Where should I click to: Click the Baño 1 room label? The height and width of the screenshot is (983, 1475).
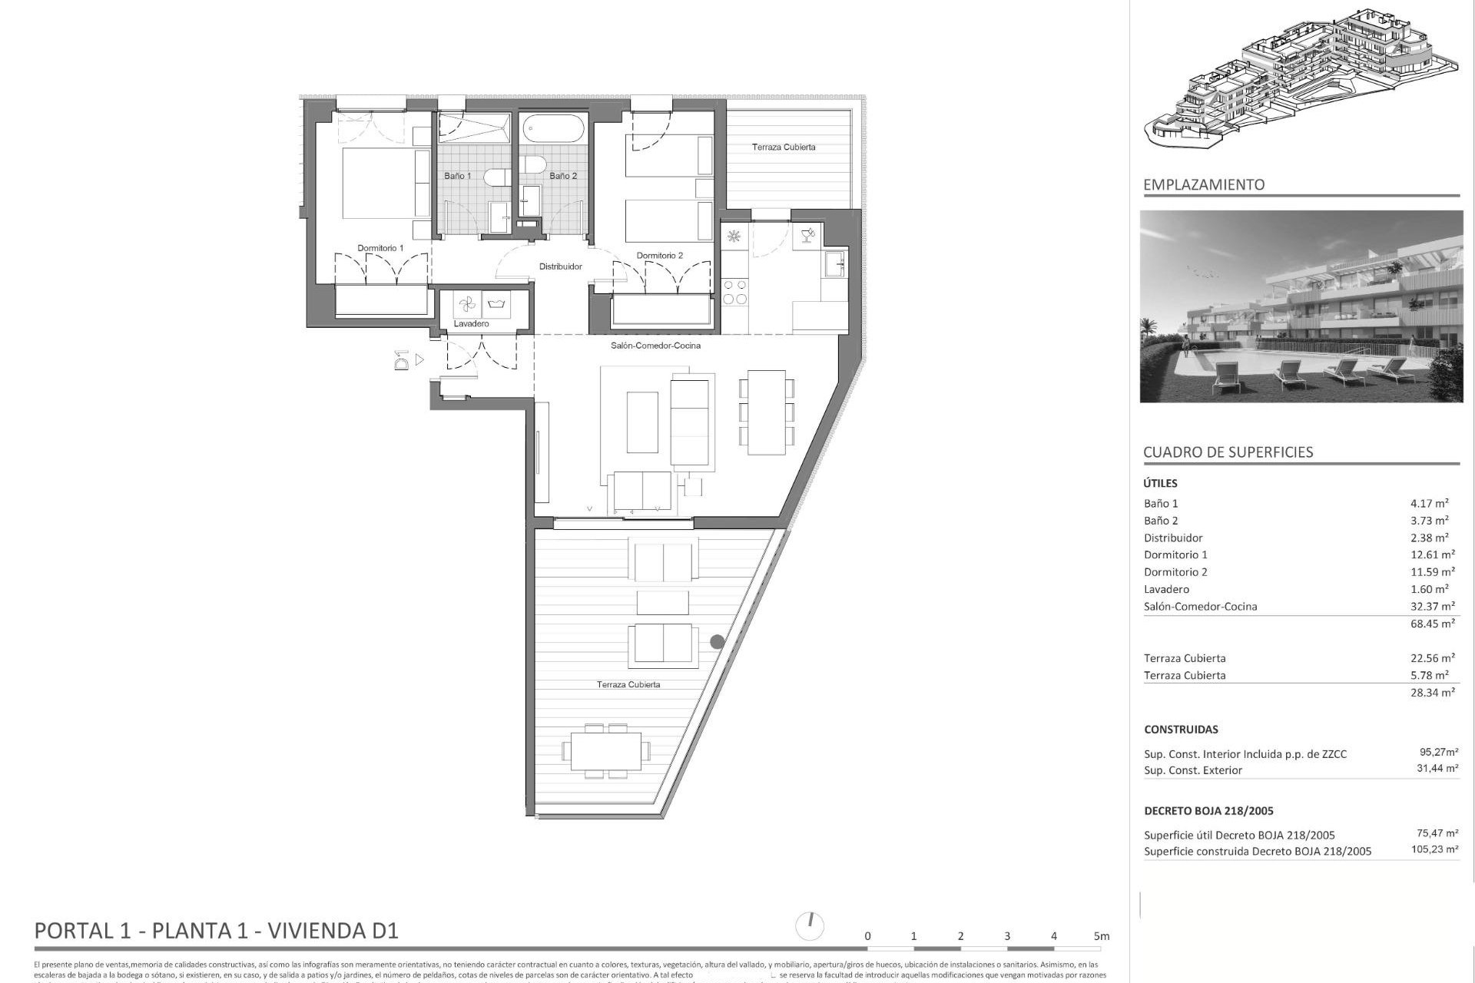coord(457,176)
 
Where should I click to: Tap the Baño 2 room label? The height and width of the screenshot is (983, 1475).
coord(562,176)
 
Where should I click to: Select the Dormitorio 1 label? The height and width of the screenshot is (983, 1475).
coord(380,248)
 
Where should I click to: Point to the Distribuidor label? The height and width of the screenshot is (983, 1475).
coord(560,266)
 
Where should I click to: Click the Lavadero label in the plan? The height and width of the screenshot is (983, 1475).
coord(471,324)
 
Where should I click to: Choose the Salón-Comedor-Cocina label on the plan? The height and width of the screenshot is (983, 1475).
coord(655,346)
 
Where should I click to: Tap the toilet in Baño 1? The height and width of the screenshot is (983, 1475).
coord(495,177)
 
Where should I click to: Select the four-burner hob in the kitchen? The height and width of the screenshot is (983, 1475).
coord(734,291)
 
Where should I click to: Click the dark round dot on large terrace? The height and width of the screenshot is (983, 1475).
coord(717,641)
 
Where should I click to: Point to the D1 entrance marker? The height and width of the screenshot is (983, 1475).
coord(401,359)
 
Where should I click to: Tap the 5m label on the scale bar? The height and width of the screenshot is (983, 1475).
coord(1102,936)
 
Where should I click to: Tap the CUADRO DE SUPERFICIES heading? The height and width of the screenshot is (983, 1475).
coord(1228,452)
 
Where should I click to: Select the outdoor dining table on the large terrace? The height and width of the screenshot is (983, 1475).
coord(606,750)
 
